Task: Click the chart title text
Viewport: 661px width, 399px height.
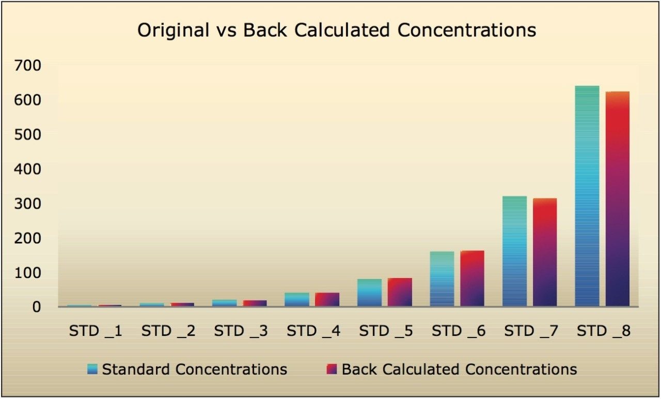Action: (x=336, y=30)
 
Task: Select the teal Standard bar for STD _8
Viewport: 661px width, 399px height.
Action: (x=587, y=196)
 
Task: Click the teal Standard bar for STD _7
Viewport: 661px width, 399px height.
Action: (x=514, y=251)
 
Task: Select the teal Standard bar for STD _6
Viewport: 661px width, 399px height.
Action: (x=442, y=279)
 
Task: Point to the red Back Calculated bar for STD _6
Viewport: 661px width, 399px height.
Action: (x=472, y=279)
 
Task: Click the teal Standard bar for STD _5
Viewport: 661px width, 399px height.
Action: (x=369, y=293)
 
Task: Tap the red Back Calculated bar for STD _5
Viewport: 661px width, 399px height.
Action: (x=400, y=293)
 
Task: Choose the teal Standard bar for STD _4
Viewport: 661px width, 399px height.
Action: (x=297, y=300)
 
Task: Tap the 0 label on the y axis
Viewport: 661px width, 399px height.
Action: (x=36, y=307)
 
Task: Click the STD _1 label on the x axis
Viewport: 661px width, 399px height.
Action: (x=96, y=331)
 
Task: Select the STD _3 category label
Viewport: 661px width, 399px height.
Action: (x=241, y=331)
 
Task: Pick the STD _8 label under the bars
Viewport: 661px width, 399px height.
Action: (x=604, y=331)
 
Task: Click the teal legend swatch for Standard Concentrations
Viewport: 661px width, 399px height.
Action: (x=92, y=369)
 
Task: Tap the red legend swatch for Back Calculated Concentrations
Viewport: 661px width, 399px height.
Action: (x=332, y=369)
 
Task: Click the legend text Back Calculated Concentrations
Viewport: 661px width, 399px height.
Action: (x=459, y=369)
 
